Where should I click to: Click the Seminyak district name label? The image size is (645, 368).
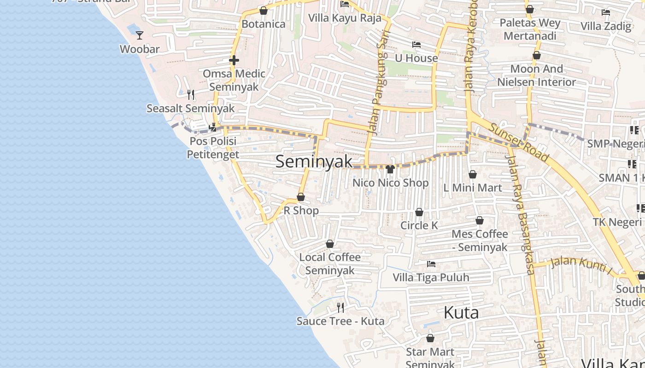click(x=314, y=161)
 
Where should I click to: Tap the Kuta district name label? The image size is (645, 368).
click(x=461, y=313)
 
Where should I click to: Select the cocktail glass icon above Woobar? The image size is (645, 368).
click(x=140, y=35)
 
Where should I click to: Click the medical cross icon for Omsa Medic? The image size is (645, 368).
click(x=234, y=60)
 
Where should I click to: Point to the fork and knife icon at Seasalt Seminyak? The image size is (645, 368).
click(x=191, y=95)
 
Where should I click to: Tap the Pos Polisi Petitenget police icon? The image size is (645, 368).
click(x=213, y=127)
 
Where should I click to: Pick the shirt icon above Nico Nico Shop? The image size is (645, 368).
click(x=390, y=169)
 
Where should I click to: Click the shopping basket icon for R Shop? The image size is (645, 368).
click(x=301, y=197)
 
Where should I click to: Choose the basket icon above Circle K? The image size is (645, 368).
click(x=419, y=212)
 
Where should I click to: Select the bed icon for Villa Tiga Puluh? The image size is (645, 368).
click(x=431, y=264)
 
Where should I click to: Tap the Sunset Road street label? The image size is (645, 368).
click(x=519, y=142)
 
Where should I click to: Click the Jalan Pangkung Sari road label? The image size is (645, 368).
click(x=378, y=80)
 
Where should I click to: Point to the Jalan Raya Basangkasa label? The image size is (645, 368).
click(x=521, y=214)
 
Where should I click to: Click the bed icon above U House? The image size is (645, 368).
click(x=416, y=45)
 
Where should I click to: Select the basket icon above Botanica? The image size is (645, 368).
click(x=264, y=10)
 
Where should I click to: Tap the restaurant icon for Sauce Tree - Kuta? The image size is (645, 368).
click(x=340, y=307)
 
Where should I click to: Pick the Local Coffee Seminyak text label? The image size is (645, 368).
click(x=330, y=264)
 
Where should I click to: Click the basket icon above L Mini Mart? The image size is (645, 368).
click(x=473, y=174)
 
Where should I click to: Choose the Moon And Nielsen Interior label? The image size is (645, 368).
click(x=536, y=75)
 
